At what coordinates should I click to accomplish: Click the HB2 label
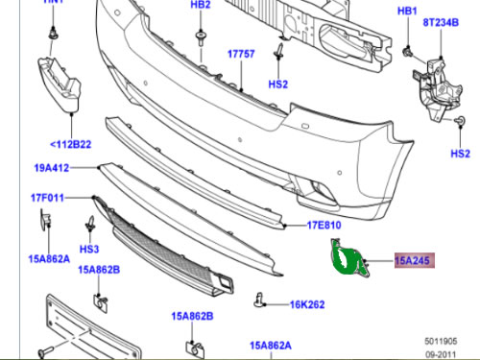coord(200,6)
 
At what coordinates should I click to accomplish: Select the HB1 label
coord(408,12)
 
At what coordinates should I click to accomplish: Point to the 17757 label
coord(241,56)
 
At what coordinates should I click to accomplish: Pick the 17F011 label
coord(47,201)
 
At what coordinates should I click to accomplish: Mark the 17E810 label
coord(324,226)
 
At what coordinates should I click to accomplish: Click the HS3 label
coord(89,249)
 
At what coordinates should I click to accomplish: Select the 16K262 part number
coord(308,305)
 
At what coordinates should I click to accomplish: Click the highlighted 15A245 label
coord(414,259)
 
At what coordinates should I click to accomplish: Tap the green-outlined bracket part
coord(347,262)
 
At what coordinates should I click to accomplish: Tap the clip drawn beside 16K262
coord(262,300)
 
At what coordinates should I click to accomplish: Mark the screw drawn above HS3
coord(89,227)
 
